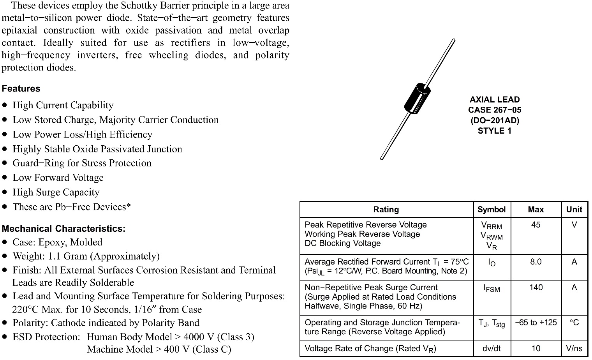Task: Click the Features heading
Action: [x=21, y=89]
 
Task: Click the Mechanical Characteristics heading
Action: [x=63, y=229]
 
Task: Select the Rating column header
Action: [x=386, y=210]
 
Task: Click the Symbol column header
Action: [x=492, y=210]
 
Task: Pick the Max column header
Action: [x=536, y=210]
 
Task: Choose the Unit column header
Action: [x=574, y=210]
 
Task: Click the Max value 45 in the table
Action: [x=536, y=225]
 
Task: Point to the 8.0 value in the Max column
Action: [x=536, y=262]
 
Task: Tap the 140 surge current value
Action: [x=536, y=288]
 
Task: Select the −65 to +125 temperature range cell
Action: [x=536, y=323]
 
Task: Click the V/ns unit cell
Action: [x=574, y=349]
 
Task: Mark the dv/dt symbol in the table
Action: [x=492, y=349]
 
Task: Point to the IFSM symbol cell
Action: [x=492, y=288]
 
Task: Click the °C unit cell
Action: [x=574, y=323]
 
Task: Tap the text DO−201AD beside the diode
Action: [x=495, y=120]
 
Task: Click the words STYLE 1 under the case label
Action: [x=495, y=131]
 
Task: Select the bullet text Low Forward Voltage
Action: [x=58, y=178]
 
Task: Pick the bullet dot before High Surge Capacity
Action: [x=5, y=192]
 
